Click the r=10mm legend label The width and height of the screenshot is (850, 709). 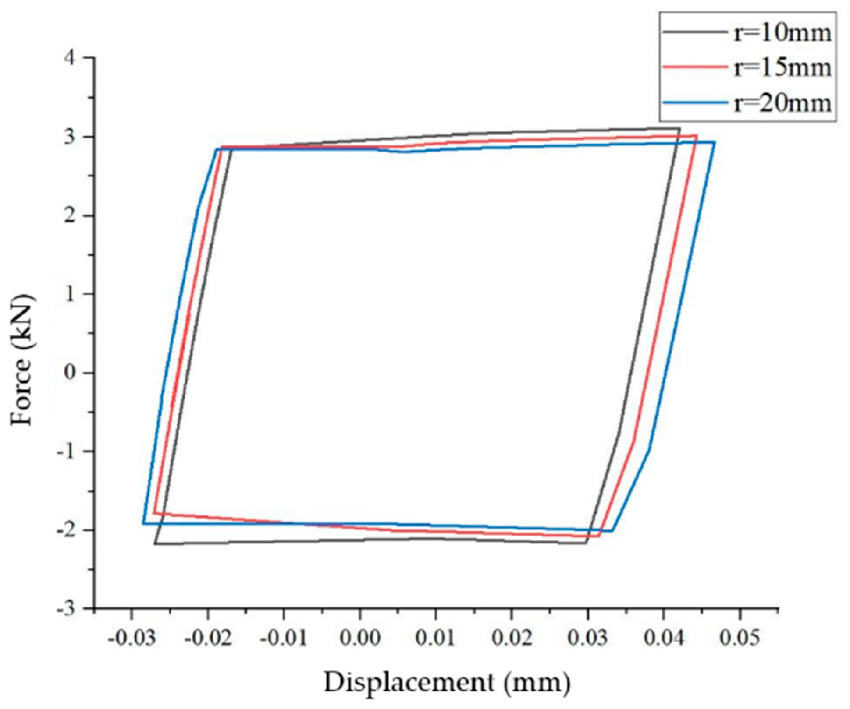[782, 33]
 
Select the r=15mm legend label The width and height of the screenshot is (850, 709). [782, 67]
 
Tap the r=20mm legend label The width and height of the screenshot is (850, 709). [782, 103]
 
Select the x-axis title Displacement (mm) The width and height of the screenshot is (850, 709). [447, 682]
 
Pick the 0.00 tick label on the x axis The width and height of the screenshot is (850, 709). [360, 638]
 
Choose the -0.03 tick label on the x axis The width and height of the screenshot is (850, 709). [132, 638]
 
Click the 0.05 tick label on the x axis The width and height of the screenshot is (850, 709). [740, 638]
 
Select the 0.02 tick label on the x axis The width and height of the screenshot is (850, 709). [512, 638]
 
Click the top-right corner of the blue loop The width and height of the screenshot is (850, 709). [715, 142]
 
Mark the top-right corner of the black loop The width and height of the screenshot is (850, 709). [679, 128]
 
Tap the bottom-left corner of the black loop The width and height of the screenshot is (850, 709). [155, 543]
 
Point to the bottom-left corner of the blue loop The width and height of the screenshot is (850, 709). [143, 523]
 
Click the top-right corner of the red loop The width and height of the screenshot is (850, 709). [697, 135]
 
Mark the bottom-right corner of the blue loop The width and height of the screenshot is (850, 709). [612, 531]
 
